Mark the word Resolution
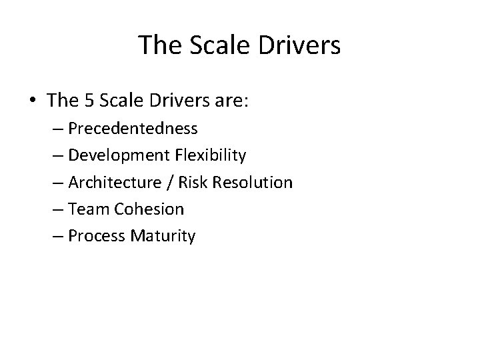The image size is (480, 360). pyautogui.click(x=257, y=182)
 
